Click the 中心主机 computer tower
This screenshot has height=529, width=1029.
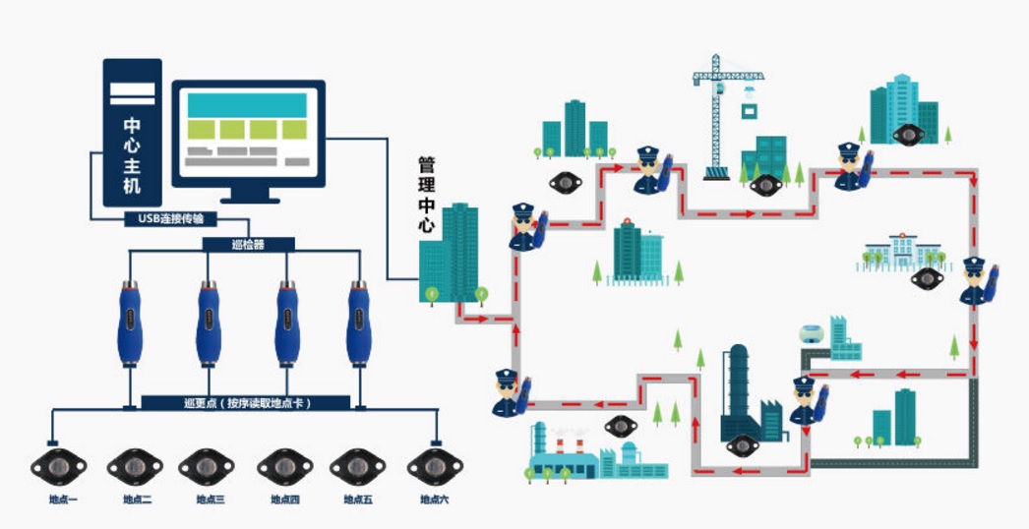132,132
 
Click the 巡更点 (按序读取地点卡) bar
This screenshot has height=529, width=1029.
246,402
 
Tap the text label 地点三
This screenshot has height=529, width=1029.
208,500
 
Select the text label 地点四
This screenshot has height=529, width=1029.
284,500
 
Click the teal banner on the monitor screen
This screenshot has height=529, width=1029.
247,104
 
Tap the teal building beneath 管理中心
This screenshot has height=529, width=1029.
452,254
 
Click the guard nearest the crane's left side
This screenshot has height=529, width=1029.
650,169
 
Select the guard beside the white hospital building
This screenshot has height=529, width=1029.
977,281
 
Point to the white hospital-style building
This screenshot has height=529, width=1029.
902,252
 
